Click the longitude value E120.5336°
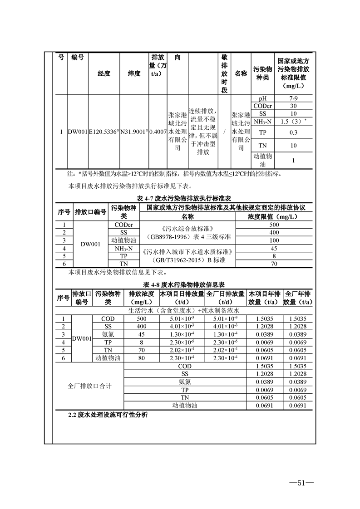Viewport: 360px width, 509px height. (104, 132)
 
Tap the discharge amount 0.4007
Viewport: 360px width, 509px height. (158, 132)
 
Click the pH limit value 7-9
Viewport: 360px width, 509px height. (294, 98)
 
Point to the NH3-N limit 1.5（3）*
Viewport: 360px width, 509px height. (294, 122)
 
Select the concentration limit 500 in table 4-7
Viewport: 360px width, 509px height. (274, 225)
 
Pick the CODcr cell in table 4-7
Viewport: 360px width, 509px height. (123, 225)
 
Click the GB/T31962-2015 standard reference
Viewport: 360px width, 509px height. (187, 261)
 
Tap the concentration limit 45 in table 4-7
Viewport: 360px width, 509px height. (274, 249)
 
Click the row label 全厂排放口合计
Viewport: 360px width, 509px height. (89, 386)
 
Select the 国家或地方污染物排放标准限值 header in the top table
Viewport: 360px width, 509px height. (294, 73)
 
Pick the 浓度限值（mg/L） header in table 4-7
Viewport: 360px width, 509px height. (274, 216)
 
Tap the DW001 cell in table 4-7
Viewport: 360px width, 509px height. (90, 244)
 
